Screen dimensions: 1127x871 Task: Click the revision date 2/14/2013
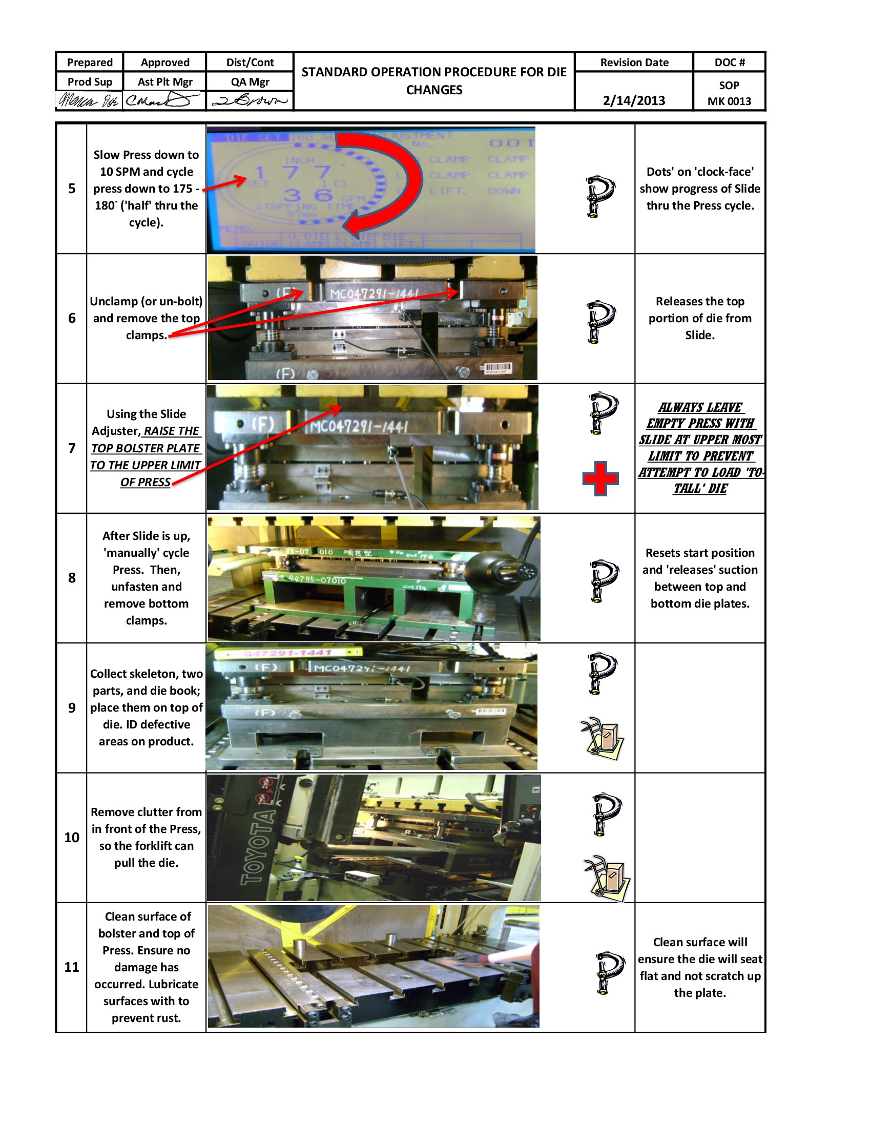click(634, 100)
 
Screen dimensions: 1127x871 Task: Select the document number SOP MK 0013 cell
click(729, 93)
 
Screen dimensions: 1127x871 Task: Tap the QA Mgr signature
click(250, 100)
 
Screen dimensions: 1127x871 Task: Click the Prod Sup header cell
click(90, 81)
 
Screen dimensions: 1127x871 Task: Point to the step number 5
click(72, 189)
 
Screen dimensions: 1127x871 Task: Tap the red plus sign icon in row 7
click(600, 478)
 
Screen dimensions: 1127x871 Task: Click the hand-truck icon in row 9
click(603, 737)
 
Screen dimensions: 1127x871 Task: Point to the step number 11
click(72, 967)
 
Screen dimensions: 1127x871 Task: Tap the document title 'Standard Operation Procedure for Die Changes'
click(434, 80)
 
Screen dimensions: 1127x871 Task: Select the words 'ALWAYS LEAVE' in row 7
click(700, 407)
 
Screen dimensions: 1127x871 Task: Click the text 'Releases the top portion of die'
click(700, 309)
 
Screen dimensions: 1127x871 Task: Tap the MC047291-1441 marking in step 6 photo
click(374, 294)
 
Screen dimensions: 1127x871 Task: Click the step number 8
click(72, 577)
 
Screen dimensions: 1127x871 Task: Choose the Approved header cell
click(165, 62)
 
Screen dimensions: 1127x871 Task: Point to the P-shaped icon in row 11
click(609, 972)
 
